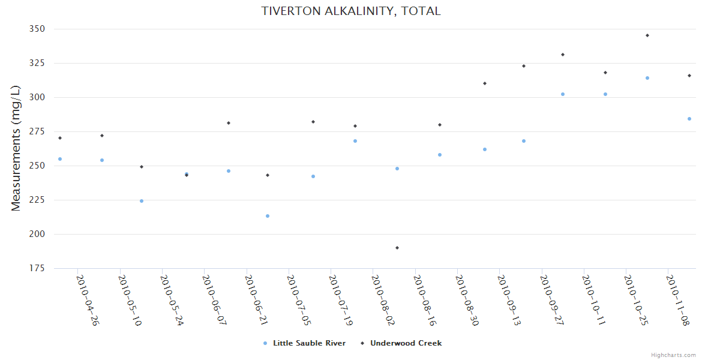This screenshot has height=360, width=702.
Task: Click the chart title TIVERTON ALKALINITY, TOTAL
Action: pos(351,11)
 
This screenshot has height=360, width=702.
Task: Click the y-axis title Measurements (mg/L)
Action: pos(16,149)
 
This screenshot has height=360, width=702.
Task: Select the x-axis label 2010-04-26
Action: pos(88,300)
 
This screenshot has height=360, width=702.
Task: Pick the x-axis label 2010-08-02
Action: pos(383,300)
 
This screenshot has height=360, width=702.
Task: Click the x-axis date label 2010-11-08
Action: pos(678,300)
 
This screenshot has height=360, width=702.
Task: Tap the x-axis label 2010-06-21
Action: pos(256,300)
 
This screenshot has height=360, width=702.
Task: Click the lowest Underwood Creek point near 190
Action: pos(397,248)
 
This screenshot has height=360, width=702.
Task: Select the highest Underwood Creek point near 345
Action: pos(647,35)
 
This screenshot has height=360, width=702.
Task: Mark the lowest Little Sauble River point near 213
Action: pos(268,216)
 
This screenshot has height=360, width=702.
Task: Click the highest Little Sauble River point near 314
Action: pos(647,78)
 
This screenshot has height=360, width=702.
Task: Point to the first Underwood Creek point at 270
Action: pos(60,138)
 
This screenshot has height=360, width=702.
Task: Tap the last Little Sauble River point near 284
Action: pos(689,119)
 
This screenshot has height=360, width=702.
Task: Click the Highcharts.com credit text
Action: pos(673,355)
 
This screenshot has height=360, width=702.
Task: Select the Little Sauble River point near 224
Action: pos(142,201)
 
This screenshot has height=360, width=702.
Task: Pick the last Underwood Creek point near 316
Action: pos(689,76)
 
